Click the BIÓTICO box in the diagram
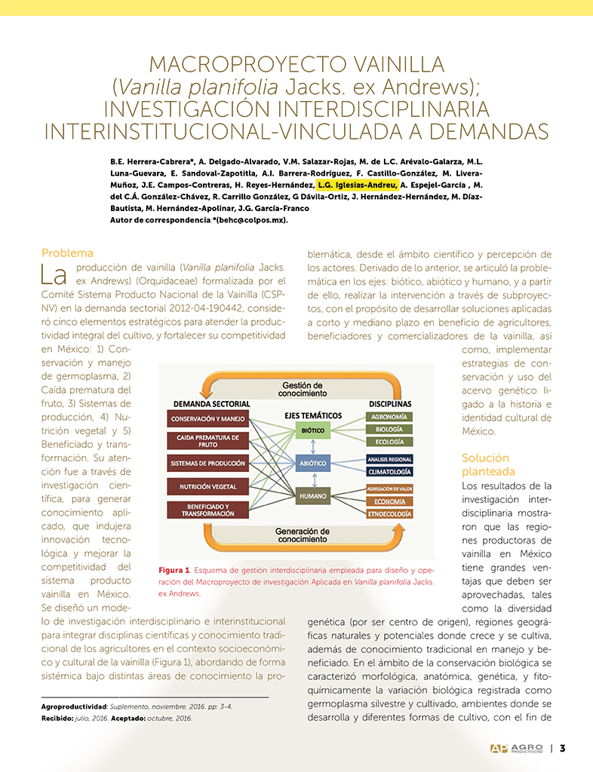(x=312, y=430)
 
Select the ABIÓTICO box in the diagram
(x=312, y=464)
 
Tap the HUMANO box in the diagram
(x=312, y=497)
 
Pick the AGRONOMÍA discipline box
(x=389, y=417)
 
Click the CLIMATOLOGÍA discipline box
(x=389, y=471)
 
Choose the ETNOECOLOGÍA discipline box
(x=389, y=513)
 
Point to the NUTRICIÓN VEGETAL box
(x=207, y=487)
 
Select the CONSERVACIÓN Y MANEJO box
(x=207, y=418)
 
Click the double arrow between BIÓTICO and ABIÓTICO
(x=312, y=447)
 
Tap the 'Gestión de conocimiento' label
(x=302, y=389)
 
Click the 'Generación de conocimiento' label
(x=302, y=535)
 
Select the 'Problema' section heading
(x=67, y=253)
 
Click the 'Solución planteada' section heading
(x=485, y=464)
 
